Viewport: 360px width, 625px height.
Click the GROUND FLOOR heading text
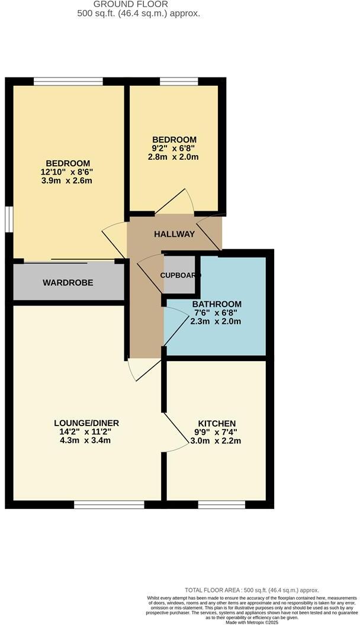point(138,4)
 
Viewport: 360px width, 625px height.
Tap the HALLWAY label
point(174,234)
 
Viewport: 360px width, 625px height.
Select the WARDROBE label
point(67,283)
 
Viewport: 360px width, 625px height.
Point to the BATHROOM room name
point(217,304)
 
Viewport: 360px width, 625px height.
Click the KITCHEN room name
point(217,423)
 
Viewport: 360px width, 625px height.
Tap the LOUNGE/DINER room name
point(86,423)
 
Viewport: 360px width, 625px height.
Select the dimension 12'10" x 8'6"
point(67,172)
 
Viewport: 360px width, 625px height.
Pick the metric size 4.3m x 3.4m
point(86,440)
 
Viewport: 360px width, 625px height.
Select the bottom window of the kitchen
point(221,504)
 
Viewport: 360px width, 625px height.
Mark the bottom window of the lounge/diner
point(109,504)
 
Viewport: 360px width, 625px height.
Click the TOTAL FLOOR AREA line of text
point(252,590)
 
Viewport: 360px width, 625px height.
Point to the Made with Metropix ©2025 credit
point(252,622)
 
